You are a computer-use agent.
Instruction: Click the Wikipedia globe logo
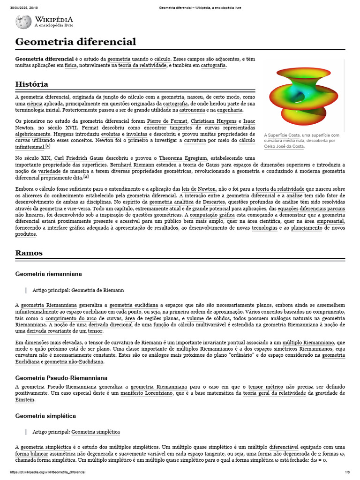(x=23, y=22)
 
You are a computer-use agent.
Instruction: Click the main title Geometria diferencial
(x=75, y=42)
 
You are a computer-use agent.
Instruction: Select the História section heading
(x=31, y=84)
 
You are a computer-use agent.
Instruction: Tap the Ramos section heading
(x=29, y=253)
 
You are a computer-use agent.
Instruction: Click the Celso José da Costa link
(x=284, y=146)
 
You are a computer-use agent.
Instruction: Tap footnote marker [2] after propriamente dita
(x=86, y=177)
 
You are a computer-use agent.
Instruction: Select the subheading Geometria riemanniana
(x=48, y=273)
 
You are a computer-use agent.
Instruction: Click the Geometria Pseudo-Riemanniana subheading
(x=61, y=377)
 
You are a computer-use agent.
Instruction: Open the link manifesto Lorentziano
(x=146, y=393)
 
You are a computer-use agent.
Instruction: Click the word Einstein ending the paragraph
(x=25, y=400)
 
